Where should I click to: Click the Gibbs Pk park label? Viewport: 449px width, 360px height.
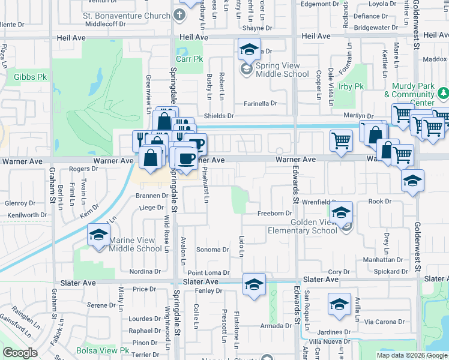click(x=31, y=77)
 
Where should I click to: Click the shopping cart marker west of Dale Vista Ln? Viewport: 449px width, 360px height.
click(x=341, y=142)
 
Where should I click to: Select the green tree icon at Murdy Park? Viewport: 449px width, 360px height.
click(x=443, y=93)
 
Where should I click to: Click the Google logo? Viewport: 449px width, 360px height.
click(x=20, y=353)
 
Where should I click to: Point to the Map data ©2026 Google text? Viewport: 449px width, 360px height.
click(x=412, y=355)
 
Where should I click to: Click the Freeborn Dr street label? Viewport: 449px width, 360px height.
click(x=274, y=213)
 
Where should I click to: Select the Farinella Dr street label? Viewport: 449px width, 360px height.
click(x=260, y=104)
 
